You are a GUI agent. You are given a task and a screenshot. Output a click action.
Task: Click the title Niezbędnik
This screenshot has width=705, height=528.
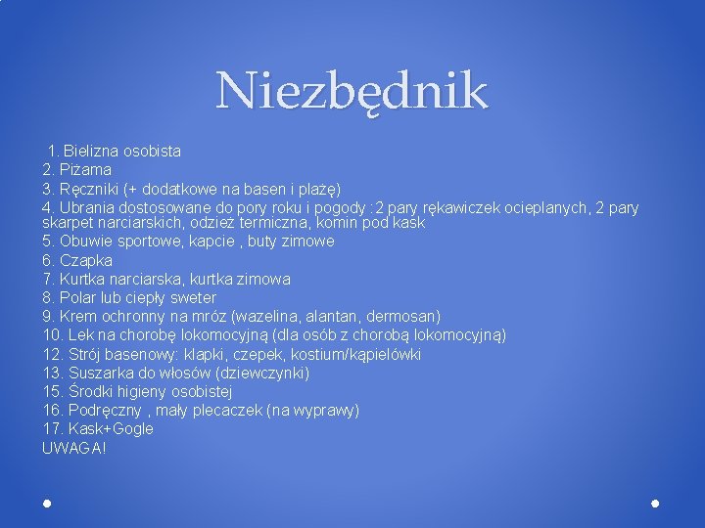point(352,91)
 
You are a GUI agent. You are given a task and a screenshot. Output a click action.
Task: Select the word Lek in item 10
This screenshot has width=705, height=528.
point(81,334)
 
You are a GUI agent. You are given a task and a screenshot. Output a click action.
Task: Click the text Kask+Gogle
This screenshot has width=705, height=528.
point(111,428)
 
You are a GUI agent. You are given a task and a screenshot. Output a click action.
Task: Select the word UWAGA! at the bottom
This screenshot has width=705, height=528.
point(73,448)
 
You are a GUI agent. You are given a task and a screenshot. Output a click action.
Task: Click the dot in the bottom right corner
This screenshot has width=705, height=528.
point(655,503)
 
